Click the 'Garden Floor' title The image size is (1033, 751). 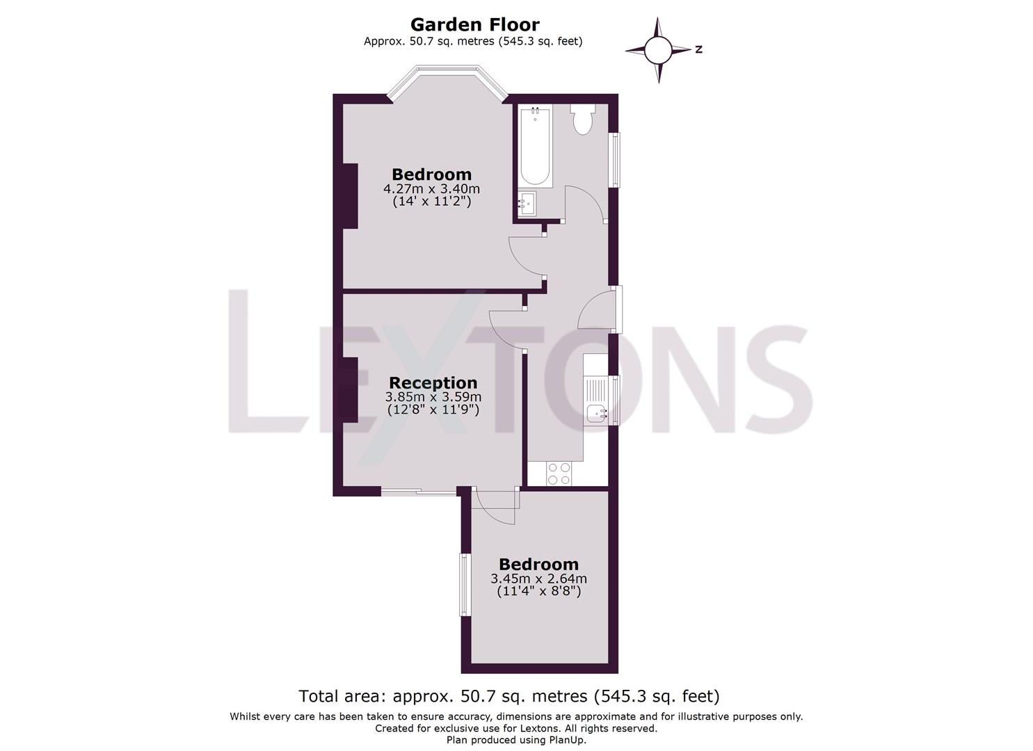pos(474,24)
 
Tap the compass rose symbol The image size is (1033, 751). pos(658,50)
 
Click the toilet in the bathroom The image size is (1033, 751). pos(582,120)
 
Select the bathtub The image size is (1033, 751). pos(535,146)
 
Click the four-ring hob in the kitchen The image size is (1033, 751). pos(559,474)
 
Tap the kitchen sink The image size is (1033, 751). pos(596,413)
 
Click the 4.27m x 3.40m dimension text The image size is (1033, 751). pos(431,188)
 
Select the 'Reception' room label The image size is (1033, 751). pos(433,382)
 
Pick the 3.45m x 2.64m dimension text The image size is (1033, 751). pos(538,579)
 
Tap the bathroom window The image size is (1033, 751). pos(615,160)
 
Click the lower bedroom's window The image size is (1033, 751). pos(465,584)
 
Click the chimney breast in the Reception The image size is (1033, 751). pos(349,389)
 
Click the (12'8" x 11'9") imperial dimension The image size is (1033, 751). pos(433,410)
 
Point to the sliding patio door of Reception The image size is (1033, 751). pos(419,492)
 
